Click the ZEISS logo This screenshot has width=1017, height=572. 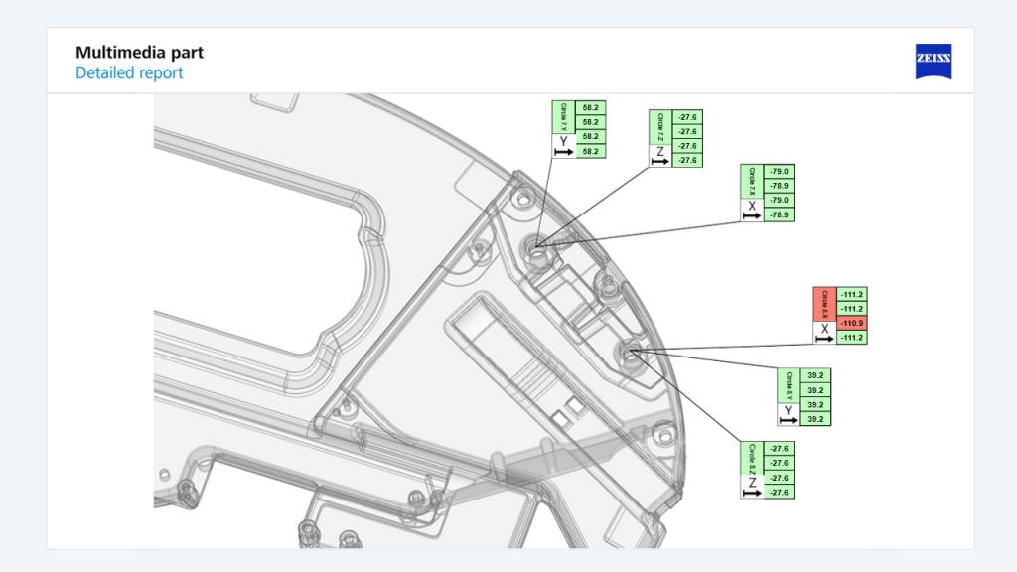(933, 62)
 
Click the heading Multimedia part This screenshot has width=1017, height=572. (139, 53)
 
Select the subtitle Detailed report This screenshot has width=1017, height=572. (129, 73)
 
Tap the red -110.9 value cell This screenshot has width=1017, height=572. (851, 324)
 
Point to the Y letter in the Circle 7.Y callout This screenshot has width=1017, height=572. (563, 141)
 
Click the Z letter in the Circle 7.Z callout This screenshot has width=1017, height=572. (659, 151)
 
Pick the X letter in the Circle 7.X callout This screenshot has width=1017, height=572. (752, 206)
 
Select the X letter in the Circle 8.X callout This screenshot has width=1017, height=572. (824, 329)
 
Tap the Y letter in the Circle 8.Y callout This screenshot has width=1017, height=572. (789, 410)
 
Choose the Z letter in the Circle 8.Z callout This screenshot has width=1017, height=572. (753, 483)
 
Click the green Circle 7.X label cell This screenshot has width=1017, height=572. (752, 182)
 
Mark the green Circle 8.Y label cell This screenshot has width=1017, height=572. (789, 385)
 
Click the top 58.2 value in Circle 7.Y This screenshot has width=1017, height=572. (590, 106)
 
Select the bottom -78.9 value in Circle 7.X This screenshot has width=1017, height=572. (780, 214)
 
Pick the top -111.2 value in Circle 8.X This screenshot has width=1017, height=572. (851, 295)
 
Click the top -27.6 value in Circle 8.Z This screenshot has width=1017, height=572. (781, 449)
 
